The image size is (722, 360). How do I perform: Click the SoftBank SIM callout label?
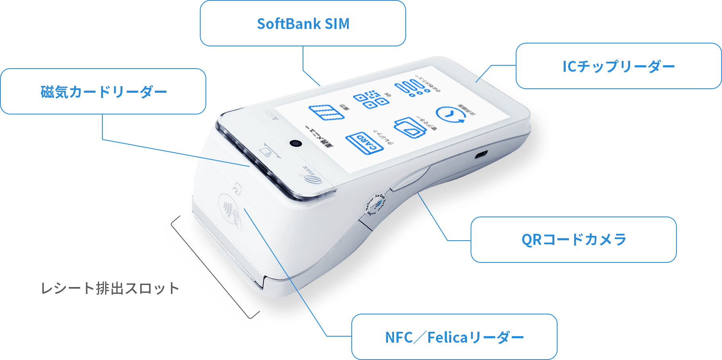303,23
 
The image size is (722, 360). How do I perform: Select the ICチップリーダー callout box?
618,66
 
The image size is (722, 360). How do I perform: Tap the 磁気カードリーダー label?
104,92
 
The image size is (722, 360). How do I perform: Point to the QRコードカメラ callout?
573,239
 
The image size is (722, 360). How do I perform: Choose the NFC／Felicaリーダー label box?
454,337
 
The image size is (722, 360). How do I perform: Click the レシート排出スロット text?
110,288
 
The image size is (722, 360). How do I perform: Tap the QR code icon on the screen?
371,99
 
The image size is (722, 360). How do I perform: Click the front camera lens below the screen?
296,143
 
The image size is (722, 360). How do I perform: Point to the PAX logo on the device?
312,177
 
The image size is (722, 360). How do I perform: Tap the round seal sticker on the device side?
376,204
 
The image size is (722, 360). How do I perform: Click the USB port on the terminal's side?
481,155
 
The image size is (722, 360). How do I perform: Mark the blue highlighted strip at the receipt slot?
210,274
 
